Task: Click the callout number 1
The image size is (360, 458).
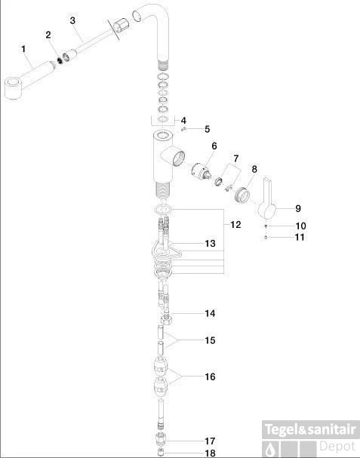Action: pyautogui.click(x=23, y=49)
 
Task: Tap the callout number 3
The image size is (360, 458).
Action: pyautogui.click(x=72, y=20)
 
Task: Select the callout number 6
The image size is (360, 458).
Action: pyautogui.click(x=214, y=146)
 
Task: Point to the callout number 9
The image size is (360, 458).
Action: pyautogui.click(x=298, y=208)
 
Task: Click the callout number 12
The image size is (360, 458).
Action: pyautogui.click(x=235, y=225)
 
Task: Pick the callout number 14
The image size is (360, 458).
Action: pyautogui.click(x=210, y=313)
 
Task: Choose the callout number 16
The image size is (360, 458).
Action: pyautogui.click(x=210, y=377)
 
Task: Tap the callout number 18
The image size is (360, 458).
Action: pyautogui.click(x=210, y=453)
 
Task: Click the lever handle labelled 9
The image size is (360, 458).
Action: pyautogui.click(x=267, y=201)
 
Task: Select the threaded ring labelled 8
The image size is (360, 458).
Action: pyautogui.click(x=242, y=195)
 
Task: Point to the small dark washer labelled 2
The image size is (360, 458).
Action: pyautogui.click(x=60, y=60)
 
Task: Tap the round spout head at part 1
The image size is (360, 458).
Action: pyautogui.click(x=13, y=88)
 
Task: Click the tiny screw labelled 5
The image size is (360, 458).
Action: pyautogui.click(x=183, y=129)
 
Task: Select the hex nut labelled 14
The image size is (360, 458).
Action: pyautogui.click(x=166, y=320)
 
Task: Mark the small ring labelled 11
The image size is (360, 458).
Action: pyautogui.click(x=266, y=237)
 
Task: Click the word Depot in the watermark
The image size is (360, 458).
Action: pyautogui.click(x=337, y=447)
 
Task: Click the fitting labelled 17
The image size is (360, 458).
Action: pyautogui.click(x=161, y=438)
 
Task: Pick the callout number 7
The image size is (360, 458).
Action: pyautogui.click(x=235, y=158)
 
